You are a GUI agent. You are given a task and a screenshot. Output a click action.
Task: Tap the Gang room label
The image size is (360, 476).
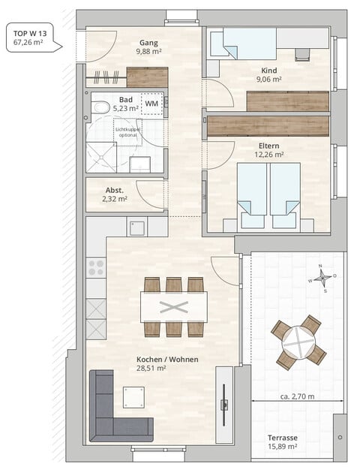tap(148, 42)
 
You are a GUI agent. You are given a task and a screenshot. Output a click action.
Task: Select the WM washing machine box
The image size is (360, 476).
tap(151, 103)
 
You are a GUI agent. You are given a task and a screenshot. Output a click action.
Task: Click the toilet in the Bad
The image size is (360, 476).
tap(100, 107)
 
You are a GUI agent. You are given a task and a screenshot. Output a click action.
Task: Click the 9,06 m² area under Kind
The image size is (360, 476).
tap(268, 79)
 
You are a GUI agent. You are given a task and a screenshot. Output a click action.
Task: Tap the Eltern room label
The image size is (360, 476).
tap(268, 144)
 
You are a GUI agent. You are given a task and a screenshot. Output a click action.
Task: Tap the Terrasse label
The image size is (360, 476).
tap(283, 437)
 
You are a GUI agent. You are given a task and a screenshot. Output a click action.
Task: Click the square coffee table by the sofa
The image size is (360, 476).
tap(134, 396)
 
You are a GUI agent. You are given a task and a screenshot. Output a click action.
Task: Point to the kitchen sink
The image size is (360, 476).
tap(136, 227)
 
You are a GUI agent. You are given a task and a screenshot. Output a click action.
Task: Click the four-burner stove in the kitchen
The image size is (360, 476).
tap(96, 267)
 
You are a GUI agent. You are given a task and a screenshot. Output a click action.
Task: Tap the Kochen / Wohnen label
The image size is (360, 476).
tap(167, 360)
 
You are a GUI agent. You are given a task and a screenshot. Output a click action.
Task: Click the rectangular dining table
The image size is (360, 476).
tap(173, 306)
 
